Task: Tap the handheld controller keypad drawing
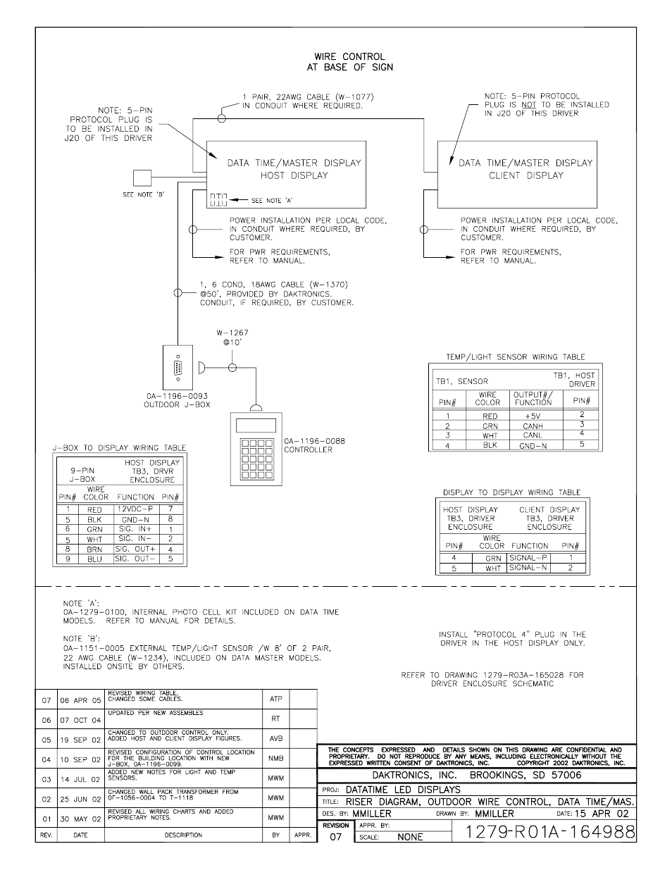coord(256,449)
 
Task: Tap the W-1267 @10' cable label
coord(232,337)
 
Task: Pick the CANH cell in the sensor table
coord(533,425)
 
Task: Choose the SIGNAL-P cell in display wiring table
coord(528,557)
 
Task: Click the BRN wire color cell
coord(94,549)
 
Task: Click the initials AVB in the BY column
coord(275,740)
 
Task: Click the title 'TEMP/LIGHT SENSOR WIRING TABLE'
coord(515,357)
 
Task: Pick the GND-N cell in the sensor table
coord(533,445)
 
